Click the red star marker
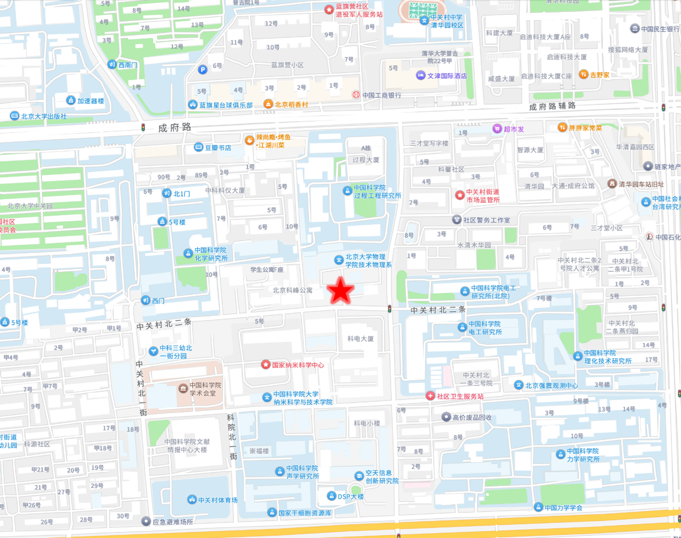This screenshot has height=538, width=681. pyautogui.click(x=340, y=291)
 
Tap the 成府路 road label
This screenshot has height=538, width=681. pyautogui.click(x=175, y=127)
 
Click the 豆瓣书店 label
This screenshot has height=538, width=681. pyautogui.click(x=218, y=148)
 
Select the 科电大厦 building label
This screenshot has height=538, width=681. pyautogui.click(x=361, y=339)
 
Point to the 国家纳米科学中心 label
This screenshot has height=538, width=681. pyautogui.click(x=297, y=365)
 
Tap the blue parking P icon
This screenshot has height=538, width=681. pyautogui.click(x=203, y=70)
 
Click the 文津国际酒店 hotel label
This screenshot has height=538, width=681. pyautogui.click(x=447, y=76)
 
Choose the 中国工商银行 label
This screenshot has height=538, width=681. pyautogui.click(x=382, y=95)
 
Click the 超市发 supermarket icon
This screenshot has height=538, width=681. pyautogui.click(x=497, y=129)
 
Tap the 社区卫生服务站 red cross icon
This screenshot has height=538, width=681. pyautogui.click(x=430, y=396)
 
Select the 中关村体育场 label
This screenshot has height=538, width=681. pyautogui.click(x=218, y=500)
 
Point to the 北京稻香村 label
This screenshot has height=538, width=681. pyautogui.click(x=291, y=104)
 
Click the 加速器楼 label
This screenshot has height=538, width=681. pyautogui.click(x=90, y=100)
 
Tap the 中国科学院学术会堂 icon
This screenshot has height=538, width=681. pyautogui.click(x=183, y=388)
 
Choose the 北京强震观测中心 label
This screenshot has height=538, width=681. pyautogui.click(x=551, y=385)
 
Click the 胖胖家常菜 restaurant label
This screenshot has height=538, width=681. pyautogui.click(x=585, y=128)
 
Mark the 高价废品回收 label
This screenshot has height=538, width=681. pyautogui.click(x=472, y=417)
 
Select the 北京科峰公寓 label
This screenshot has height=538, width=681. pyautogui.click(x=292, y=290)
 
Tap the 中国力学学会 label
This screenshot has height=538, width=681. pyautogui.click(x=563, y=507)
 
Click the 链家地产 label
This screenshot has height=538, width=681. pyautogui.click(x=667, y=166)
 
